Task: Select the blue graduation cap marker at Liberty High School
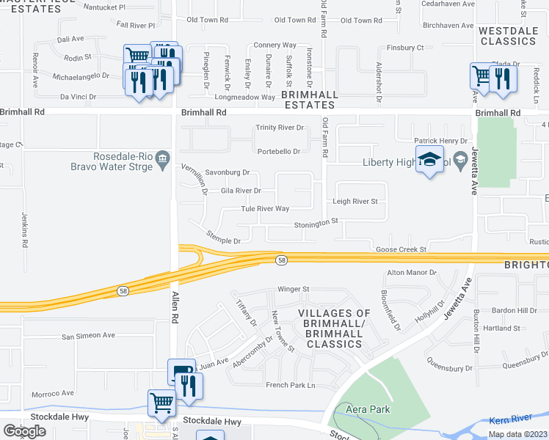(x=429, y=160)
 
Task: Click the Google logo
(x=24, y=430)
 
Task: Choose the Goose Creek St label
(x=401, y=249)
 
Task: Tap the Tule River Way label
(x=265, y=209)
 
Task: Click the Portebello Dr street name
(x=278, y=151)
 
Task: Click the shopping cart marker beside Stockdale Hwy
(x=161, y=403)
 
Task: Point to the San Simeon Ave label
(x=88, y=336)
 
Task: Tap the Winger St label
(x=293, y=289)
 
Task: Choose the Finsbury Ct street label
(x=405, y=48)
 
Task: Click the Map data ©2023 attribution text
(x=517, y=434)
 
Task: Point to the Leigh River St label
(x=355, y=201)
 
